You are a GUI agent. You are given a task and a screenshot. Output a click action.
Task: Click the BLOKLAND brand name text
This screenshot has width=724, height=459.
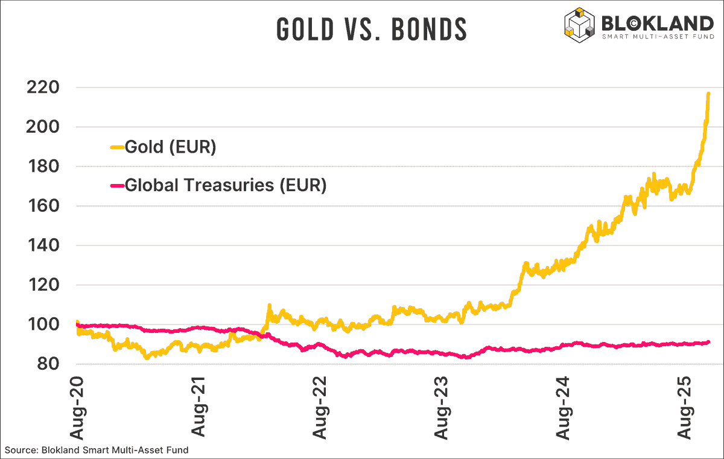point(657,23)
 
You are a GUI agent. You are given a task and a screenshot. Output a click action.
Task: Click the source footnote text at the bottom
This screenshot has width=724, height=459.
point(97,450)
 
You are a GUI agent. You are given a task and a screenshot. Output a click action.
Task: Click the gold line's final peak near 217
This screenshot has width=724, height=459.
point(708,93)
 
